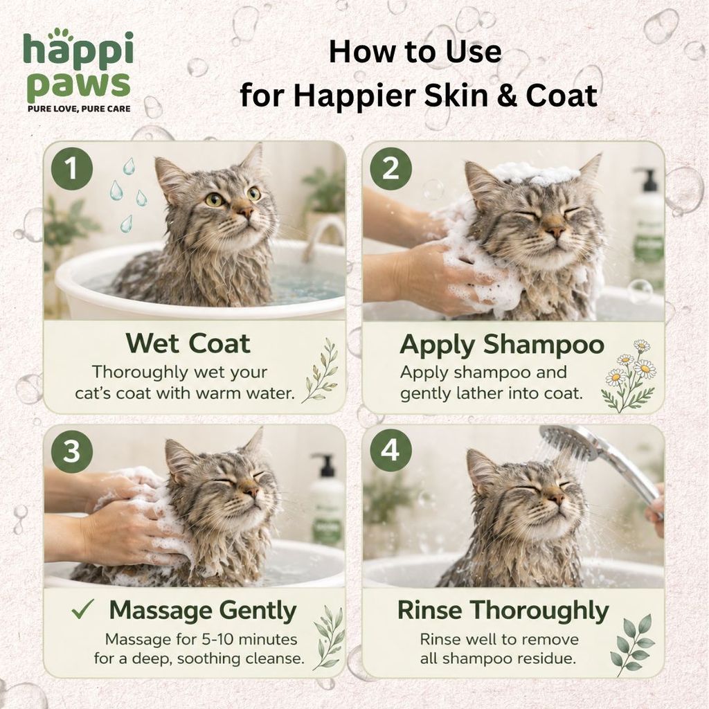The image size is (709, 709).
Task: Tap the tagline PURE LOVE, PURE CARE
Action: tap(79, 109)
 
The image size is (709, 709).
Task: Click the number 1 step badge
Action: tap(71, 169)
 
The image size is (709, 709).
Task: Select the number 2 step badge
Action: tap(391, 169)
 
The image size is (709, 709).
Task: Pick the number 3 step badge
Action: tap(71, 451)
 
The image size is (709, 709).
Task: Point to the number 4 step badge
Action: tap(391, 451)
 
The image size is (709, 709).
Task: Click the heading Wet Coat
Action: tap(188, 343)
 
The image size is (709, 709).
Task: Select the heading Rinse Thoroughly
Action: tap(503, 611)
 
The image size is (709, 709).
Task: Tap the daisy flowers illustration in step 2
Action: tap(629, 375)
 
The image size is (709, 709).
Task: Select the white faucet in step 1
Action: tap(323, 237)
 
